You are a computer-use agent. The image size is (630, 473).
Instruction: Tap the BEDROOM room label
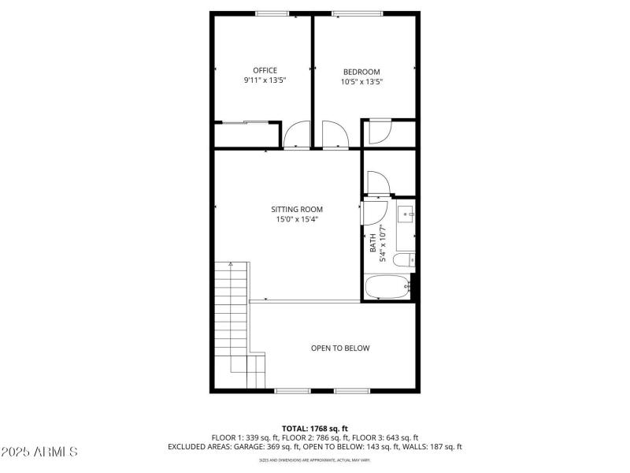[x=361, y=72]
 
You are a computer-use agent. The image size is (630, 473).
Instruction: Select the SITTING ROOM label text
[x=297, y=210]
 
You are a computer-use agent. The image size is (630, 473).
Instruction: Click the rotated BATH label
[x=372, y=244]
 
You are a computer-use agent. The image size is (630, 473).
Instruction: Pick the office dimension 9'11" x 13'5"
[x=265, y=80]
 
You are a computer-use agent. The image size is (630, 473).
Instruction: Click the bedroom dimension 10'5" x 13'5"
[x=361, y=81]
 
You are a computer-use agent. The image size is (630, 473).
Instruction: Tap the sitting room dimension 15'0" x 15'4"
[x=297, y=220]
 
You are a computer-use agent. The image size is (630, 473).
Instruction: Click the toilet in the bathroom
[x=405, y=260]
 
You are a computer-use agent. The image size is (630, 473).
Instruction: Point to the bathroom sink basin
[x=406, y=213]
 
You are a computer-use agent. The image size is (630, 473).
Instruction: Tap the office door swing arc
[x=298, y=135]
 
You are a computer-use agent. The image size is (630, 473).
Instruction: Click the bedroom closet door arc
[x=379, y=131]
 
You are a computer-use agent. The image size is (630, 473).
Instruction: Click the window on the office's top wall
[x=272, y=13]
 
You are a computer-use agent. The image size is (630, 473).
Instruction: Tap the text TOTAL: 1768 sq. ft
[x=314, y=428]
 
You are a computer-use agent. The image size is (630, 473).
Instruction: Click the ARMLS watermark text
[x=39, y=452]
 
